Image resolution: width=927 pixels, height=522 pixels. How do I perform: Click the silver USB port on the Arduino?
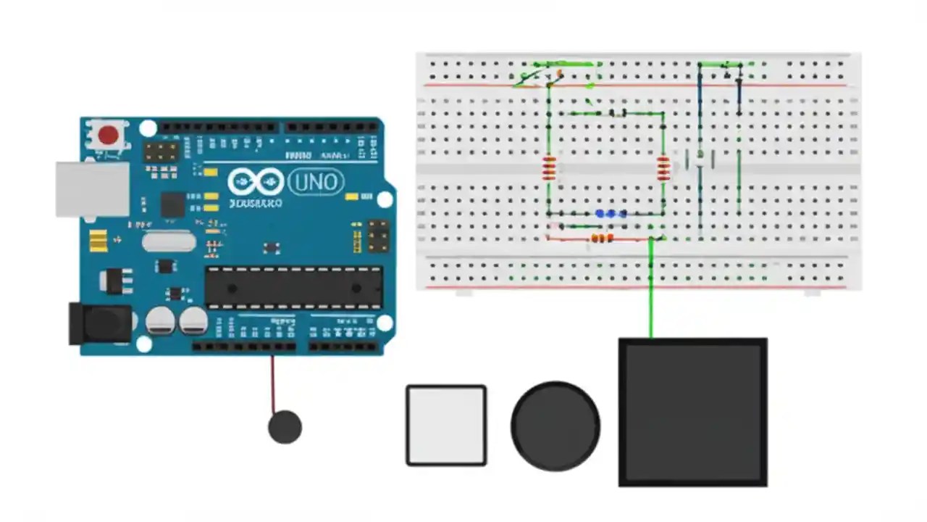coord(92,188)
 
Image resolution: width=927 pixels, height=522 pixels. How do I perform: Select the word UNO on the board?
coord(316,181)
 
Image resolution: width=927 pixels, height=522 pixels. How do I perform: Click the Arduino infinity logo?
coord(256,182)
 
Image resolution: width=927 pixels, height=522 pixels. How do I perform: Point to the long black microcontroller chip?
coord(293,286)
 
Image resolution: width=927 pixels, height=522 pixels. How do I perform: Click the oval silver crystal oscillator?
coord(169,241)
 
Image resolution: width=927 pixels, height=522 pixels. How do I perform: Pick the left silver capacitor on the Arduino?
coord(160,320)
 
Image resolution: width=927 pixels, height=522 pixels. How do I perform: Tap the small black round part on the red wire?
coord(285,427)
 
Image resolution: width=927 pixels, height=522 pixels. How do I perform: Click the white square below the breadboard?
coord(446,425)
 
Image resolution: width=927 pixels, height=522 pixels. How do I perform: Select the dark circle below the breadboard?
coord(555,426)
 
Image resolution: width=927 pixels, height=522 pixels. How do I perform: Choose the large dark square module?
coord(692,412)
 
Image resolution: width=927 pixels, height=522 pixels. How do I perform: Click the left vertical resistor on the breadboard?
coord(549,168)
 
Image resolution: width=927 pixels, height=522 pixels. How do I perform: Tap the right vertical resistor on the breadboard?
coord(663,168)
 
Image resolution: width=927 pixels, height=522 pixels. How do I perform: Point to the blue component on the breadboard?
coord(611,214)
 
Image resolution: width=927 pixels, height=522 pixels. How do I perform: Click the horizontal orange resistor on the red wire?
coord(602,238)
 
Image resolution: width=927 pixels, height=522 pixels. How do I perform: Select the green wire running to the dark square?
coord(651,290)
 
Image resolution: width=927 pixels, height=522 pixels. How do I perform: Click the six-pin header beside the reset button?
coord(161,152)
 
